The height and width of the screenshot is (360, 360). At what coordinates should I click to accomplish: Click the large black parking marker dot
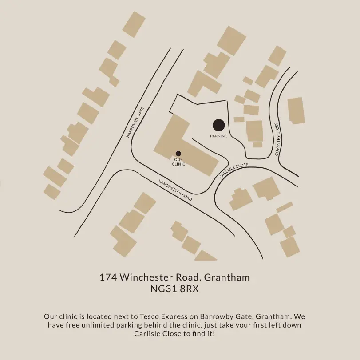click(x=218, y=125)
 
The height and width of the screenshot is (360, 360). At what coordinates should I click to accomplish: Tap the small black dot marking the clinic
click(x=178, y=154)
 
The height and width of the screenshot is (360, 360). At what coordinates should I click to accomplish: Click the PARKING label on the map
click(x=219, y=136)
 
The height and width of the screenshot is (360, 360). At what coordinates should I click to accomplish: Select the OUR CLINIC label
click(x=178, y=162)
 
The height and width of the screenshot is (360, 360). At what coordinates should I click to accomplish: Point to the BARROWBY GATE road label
click(x=135, y=123)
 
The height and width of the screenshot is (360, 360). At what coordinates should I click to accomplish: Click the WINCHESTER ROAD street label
click(x=175, y=190)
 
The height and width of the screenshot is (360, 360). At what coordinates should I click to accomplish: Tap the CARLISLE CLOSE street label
click(x=234, y=171)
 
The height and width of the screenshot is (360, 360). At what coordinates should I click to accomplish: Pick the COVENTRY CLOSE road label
click(x=277, y=139)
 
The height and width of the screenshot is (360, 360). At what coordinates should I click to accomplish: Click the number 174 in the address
click(x=108, y=277)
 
